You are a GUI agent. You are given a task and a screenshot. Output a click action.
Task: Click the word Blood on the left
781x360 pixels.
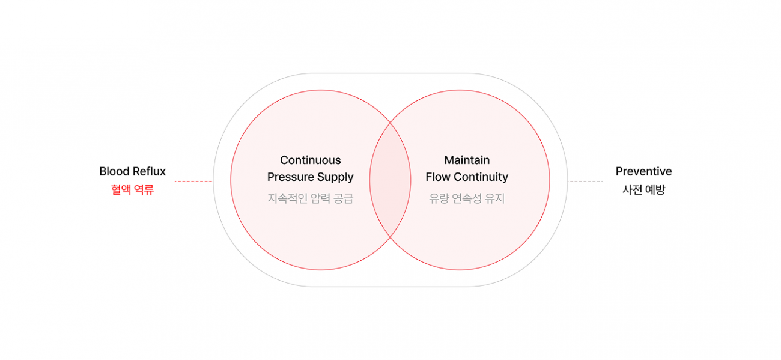(114, 172)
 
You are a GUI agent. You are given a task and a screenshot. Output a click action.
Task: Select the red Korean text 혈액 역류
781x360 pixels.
(132, 190)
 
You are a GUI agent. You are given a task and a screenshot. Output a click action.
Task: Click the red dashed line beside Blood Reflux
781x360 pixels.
(193, 181)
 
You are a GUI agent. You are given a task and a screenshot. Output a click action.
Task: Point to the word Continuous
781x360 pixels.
(310, 160)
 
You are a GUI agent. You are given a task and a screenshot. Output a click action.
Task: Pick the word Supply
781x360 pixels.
(336, 178)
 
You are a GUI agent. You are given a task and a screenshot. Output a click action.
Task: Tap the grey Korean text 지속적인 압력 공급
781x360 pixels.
(310, 198)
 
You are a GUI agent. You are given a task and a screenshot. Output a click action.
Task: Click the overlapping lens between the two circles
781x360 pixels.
(390, 180)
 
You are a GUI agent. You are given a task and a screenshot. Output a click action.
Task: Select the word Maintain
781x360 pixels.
(467, 160)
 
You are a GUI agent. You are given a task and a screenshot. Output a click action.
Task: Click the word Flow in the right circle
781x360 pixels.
(437, 177)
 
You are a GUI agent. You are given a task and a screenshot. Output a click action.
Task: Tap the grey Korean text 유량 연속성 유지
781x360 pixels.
(467, 198)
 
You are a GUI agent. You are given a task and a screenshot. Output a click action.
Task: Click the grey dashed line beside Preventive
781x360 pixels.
(585, 181)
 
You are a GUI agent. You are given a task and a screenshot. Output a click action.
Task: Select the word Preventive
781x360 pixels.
(643, 172)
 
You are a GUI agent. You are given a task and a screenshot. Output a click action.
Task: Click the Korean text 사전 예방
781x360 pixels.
(643, 190)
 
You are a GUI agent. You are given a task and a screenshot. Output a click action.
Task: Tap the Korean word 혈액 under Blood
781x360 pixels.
(121, 190)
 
